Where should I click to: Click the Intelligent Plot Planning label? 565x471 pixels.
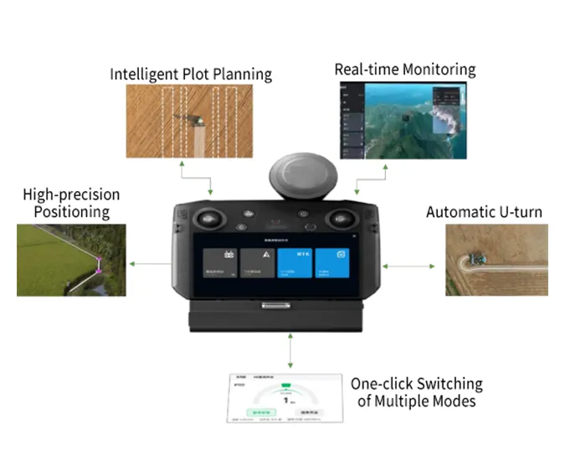(x=191, y=74)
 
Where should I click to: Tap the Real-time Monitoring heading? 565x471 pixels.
(x=404, y=70)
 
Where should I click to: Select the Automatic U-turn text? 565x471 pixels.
(x=483, y=212)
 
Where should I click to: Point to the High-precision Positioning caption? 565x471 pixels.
(x=71, y=204)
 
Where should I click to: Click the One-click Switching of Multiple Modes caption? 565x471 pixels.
(x=416, y=392)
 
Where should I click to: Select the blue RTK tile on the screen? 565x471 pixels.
(x=295, y=263)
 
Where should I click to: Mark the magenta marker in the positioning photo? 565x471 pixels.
(x=98, y=266)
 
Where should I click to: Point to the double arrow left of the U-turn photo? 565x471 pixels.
(x=409, y=266)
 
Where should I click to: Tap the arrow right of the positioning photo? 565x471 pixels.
(x=150, y=264)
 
